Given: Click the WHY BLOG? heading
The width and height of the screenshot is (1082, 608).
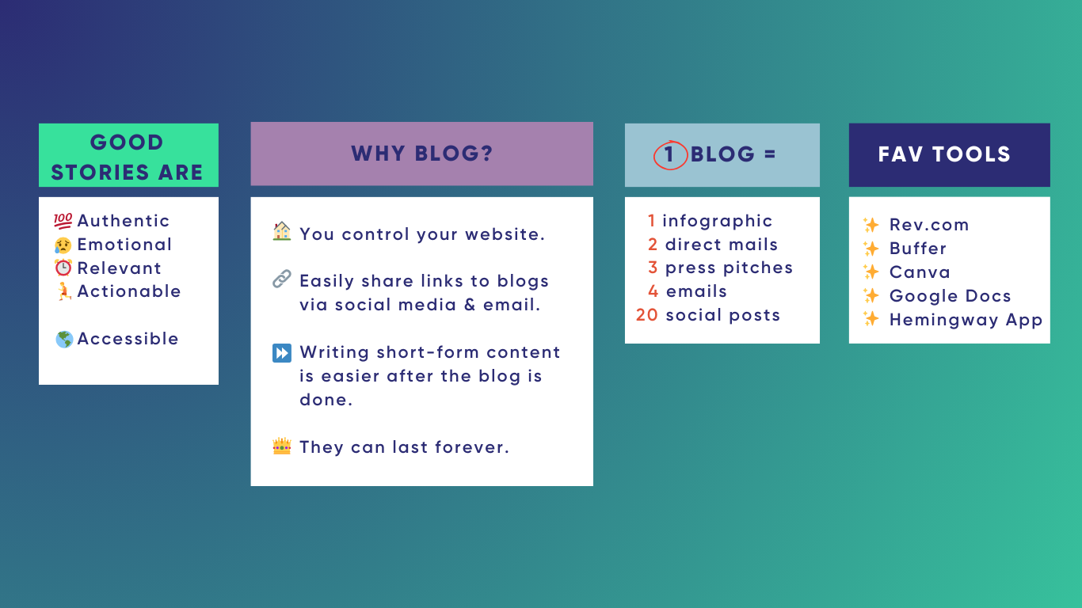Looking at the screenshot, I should coord(421,154).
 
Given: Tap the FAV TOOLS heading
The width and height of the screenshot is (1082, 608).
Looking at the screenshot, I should coord(944,154).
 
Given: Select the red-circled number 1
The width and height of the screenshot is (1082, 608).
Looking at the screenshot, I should coord(669,154).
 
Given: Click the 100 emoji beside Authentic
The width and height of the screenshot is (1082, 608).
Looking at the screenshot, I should coord(63,221).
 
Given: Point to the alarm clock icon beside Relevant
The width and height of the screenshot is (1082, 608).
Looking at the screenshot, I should coord(63,268).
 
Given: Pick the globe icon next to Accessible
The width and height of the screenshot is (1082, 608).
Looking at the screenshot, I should coord(64,340).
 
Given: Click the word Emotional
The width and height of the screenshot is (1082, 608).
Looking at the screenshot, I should coord(124,245).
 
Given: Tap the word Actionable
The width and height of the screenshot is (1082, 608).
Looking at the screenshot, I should coord(129,291).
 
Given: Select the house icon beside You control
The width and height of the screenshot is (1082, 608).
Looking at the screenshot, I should coord(281,233).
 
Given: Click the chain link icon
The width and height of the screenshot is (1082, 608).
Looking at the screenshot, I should coord(281,279).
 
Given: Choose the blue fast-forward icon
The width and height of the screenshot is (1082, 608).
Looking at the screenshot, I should coord(281,353).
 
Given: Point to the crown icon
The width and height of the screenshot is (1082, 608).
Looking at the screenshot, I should coord(281,446).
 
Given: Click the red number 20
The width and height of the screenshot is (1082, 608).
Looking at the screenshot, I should coord(646,315).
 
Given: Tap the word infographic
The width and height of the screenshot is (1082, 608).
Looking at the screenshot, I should coord(717,221).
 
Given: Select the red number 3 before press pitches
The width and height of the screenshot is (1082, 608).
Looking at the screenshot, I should coord(653,268).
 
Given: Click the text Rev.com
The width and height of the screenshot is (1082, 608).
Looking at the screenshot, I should coord(929,225).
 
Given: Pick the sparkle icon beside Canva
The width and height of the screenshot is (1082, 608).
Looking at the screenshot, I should coord(871,272).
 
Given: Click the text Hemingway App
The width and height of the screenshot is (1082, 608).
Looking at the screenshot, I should coord(966,320).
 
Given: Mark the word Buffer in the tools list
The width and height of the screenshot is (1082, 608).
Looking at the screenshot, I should coord(918,249).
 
